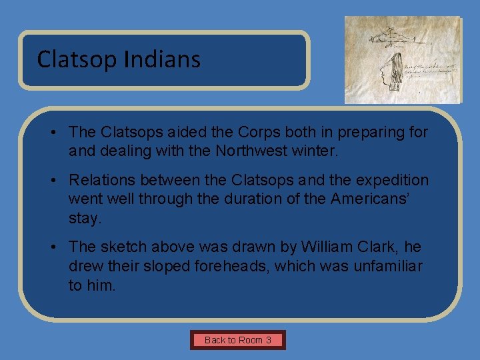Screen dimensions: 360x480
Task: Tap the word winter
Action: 318,151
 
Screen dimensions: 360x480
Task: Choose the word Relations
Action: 101,181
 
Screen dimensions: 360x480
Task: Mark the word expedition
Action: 393,181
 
